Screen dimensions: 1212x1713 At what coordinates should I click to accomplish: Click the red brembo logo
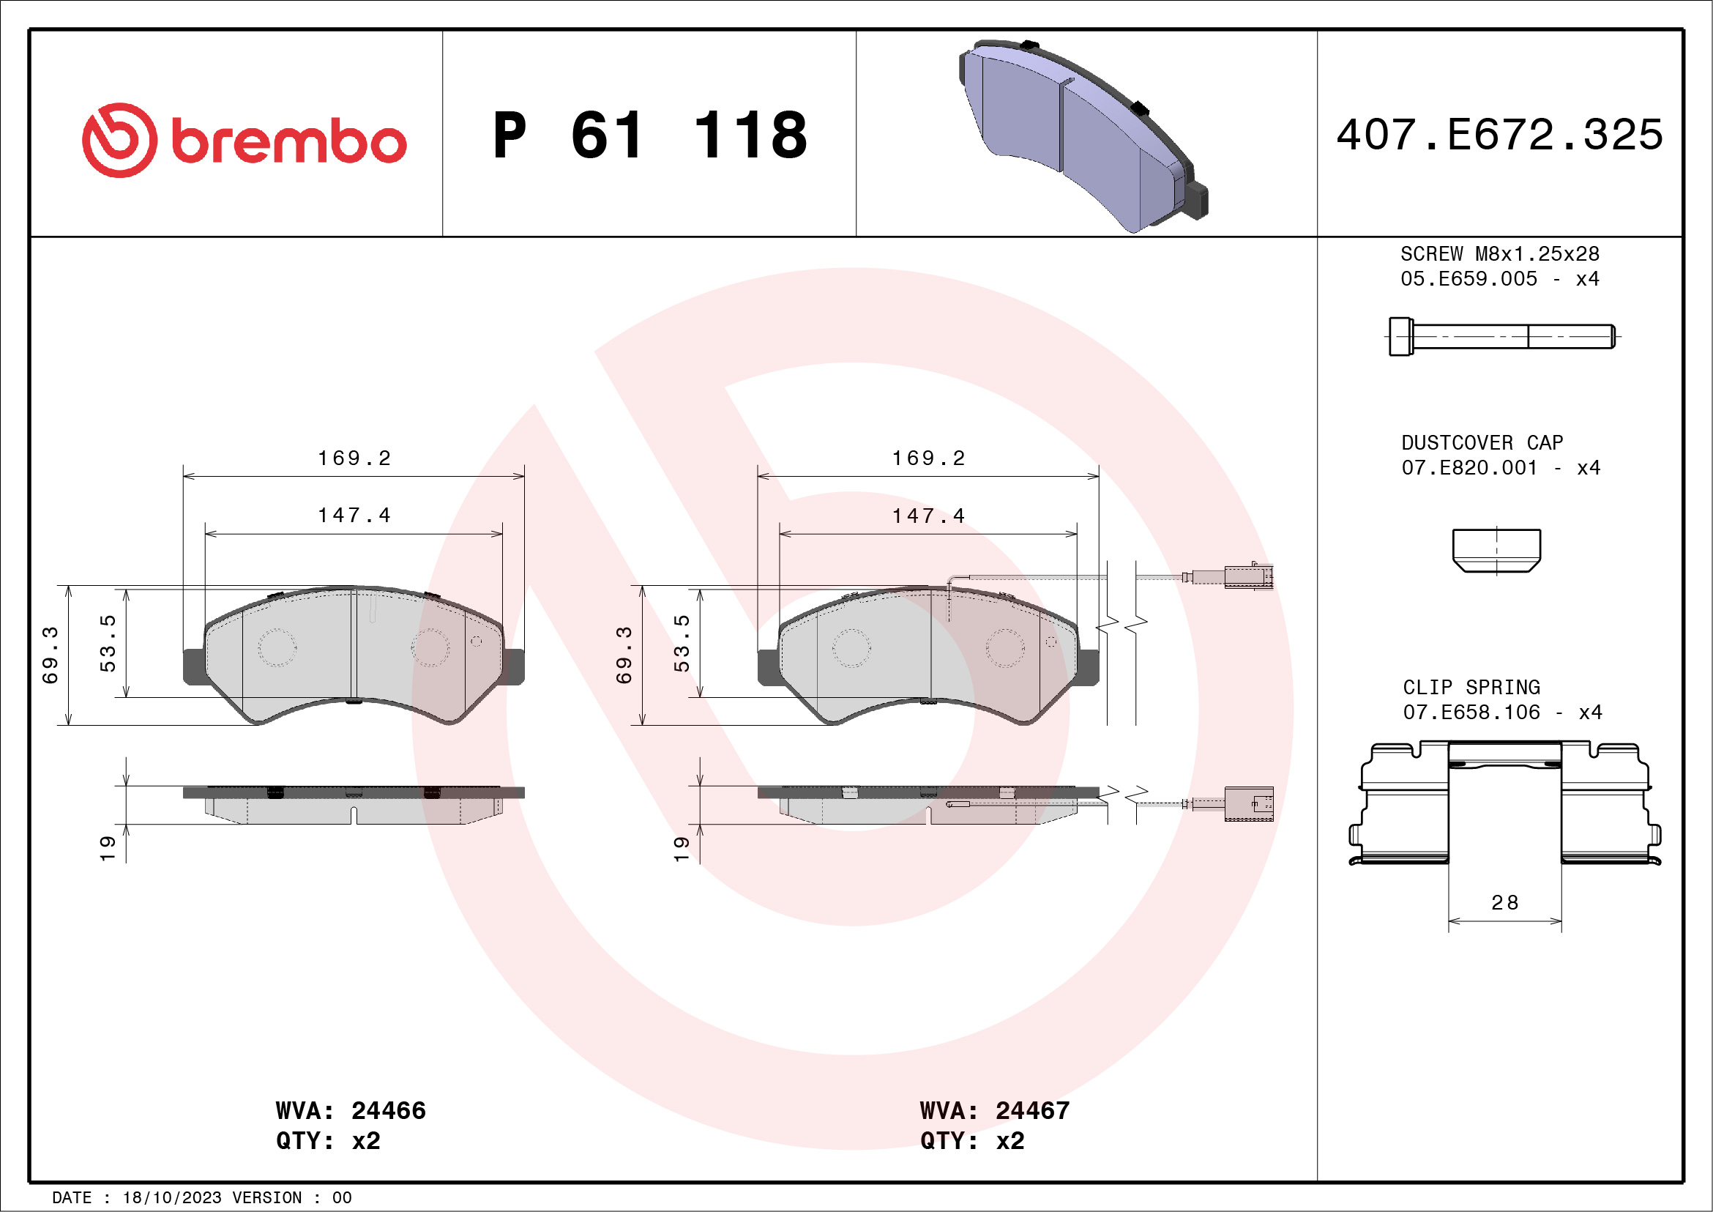(x=244, y=141)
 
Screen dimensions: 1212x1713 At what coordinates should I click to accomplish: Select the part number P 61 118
(x=650, y=135)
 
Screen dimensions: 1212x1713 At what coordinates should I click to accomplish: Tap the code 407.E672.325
(x=1500, y=135)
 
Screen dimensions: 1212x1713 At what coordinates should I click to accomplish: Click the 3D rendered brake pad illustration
(x=1082, y=134)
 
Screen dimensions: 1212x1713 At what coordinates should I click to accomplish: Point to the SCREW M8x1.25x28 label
(x=1500, y=253)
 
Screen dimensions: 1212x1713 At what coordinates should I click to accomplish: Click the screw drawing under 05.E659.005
(x=1501, y=337)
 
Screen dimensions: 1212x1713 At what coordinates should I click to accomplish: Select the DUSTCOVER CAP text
(x=1482, y=442)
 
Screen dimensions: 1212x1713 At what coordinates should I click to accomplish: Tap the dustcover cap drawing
(x=1496, y=551)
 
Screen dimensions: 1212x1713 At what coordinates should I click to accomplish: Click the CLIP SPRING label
(x=1471, y=687)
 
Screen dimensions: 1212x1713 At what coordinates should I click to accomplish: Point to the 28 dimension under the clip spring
(x=1505, y=903)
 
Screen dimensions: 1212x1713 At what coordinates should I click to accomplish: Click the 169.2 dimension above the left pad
(x=354, y=458)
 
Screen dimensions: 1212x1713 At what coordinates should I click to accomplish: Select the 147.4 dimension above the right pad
(x=928, y=516)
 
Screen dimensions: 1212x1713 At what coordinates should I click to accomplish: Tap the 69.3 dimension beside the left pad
(x=50, y=655)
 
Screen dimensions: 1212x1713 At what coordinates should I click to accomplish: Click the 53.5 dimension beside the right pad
(x=681, y=642)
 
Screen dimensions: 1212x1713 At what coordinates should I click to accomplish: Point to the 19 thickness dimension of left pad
(x=108, y=849)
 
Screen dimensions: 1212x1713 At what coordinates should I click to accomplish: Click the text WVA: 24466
(x=351, y=1110)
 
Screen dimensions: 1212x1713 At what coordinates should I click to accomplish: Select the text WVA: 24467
(x=995, y=1110)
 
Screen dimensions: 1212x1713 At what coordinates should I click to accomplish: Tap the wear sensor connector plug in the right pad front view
(x=1247, y=577)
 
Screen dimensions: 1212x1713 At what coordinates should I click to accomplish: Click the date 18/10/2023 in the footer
(x=172, y=1198)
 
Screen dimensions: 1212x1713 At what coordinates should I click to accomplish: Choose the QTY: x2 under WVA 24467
(x=972, y=1141)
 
